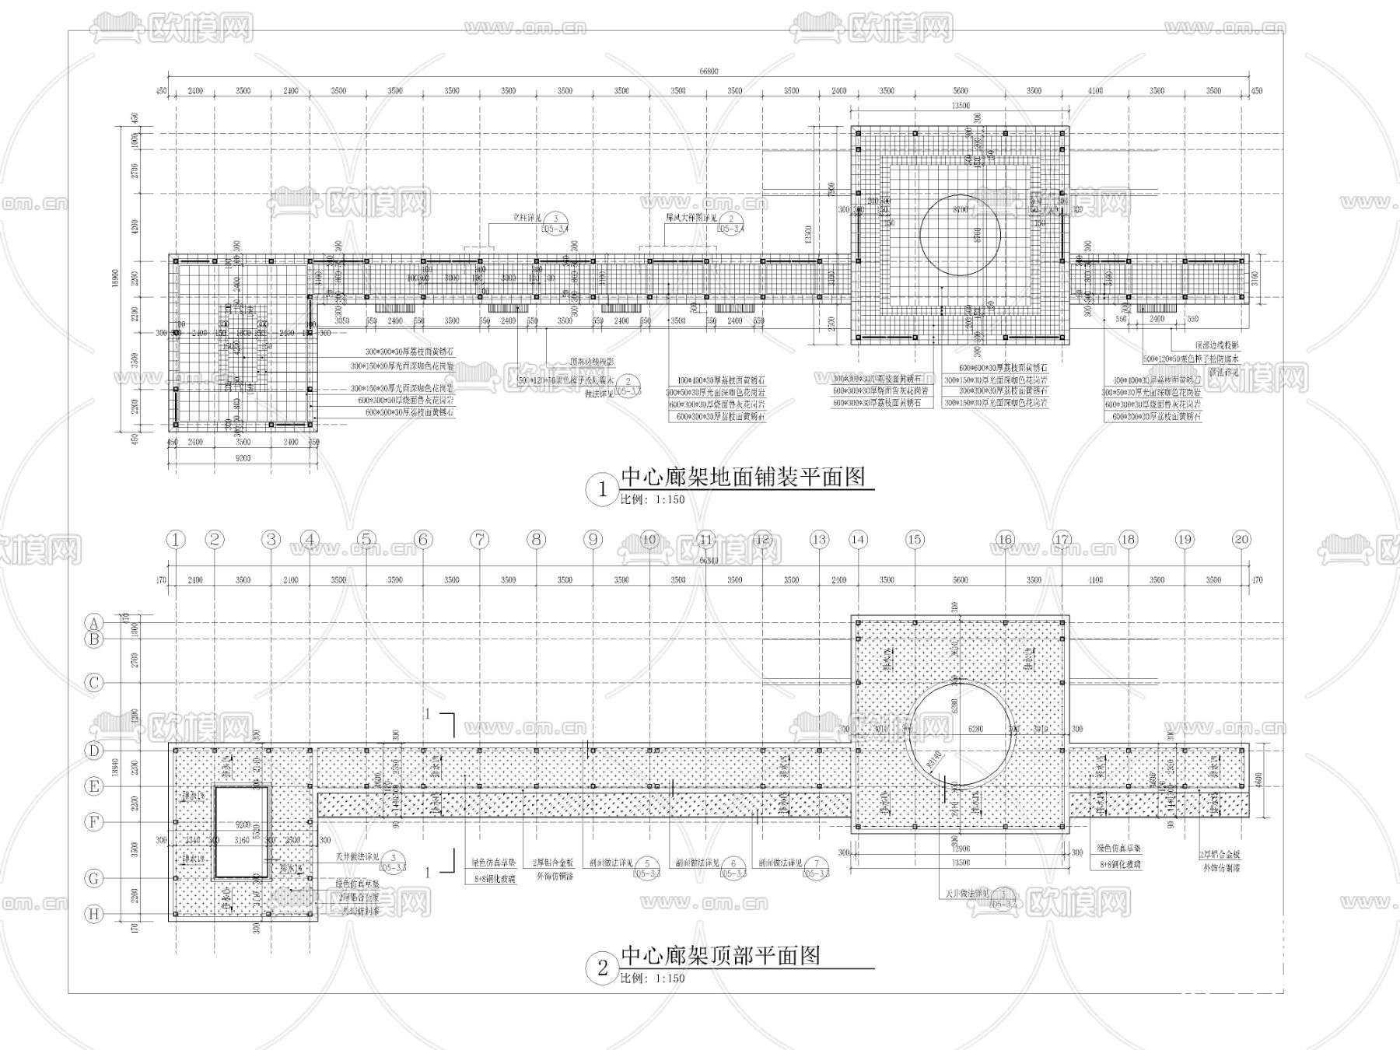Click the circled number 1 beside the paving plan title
click(602, 490)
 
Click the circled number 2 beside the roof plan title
click(602, 968)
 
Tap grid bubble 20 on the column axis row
click(1241, 539)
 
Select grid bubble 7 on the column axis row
click(480, 539)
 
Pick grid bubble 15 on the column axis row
click(915, 539)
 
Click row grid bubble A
click(94, 622)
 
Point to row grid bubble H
click(94, 914)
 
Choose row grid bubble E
click(94, 786)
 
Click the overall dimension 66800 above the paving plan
click(708, 72)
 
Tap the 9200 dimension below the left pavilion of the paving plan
click(243, 459)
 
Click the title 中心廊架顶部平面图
click(720, 956)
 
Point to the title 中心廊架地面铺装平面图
click(743, 477)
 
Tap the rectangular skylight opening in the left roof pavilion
click(241, 831)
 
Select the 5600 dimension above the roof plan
click(960, 579)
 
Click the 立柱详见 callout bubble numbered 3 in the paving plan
click(555, 220)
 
